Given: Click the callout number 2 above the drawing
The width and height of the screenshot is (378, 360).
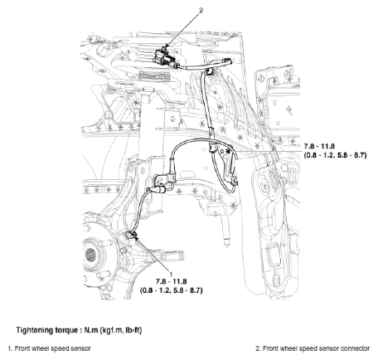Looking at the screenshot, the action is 201,10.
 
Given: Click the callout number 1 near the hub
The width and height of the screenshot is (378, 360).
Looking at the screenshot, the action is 171,275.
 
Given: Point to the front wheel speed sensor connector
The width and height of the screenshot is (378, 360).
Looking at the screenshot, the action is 164,56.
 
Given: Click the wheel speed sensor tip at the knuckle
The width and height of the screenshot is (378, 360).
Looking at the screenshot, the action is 131,236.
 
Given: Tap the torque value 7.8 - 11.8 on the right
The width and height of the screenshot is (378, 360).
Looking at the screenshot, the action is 319,146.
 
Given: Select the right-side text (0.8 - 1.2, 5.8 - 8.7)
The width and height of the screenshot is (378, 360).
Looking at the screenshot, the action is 336,155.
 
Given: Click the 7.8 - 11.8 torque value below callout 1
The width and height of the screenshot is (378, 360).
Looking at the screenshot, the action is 172,282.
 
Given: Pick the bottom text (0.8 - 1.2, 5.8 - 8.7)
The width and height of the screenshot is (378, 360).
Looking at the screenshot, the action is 172,290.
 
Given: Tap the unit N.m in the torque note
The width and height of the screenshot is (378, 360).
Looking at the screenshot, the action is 91,330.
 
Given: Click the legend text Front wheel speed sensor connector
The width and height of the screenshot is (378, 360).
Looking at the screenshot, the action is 316,348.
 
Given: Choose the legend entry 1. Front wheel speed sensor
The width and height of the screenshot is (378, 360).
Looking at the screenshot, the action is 49,348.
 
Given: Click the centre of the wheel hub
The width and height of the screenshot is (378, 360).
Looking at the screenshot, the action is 90,255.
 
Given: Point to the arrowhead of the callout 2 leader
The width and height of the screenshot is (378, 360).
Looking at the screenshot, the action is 167,46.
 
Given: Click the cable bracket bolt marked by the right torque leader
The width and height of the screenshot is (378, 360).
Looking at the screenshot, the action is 228,151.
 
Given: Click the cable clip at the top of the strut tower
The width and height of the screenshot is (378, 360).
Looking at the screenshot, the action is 209,71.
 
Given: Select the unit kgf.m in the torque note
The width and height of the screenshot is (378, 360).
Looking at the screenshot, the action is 112,330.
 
